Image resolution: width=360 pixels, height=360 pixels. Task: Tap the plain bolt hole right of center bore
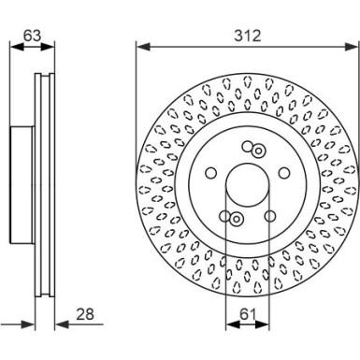coord(283,174)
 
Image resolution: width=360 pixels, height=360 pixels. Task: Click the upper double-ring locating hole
coord(256,149)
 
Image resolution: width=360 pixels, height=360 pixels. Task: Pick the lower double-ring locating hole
coord(236,220)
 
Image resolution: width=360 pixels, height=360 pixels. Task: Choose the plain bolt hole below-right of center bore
coord(269,216)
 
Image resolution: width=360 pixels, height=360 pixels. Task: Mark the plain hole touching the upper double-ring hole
coord(247,147)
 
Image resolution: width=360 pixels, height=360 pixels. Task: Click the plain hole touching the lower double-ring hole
coord(226,217)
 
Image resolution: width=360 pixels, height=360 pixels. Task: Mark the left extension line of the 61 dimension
coord(224,281)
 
